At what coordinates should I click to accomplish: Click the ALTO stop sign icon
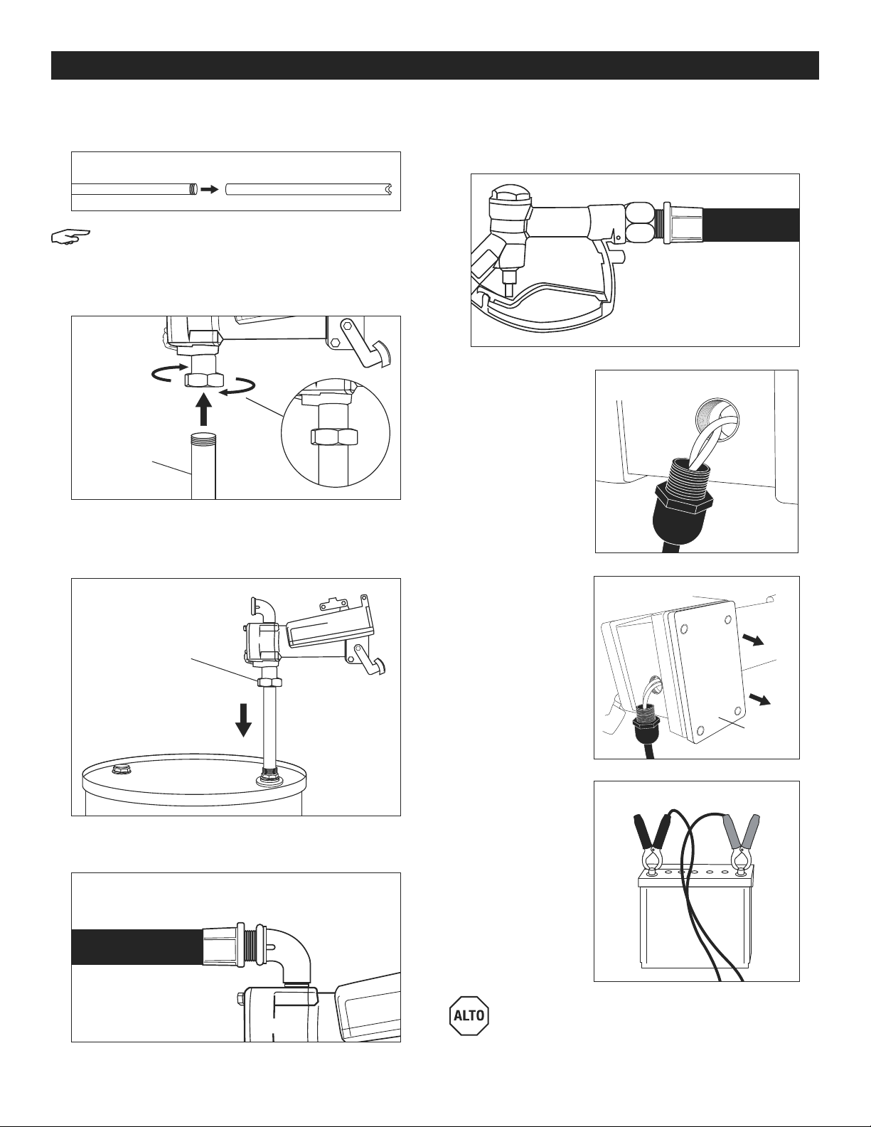pos(469,1015)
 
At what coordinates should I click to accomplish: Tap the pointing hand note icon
pos(70,237)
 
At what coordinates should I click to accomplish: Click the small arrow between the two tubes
pos(210,189)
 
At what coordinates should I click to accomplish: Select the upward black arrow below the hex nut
pos(205,409)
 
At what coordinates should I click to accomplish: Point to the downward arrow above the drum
pos(243,720)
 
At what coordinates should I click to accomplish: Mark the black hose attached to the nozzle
pos(752,225)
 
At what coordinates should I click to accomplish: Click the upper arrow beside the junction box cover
pos(757,641)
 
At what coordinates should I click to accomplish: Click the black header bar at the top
pos(435,65)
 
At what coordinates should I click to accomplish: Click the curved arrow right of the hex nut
pos(238,388)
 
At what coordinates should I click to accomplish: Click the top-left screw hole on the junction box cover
pos(684,629)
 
